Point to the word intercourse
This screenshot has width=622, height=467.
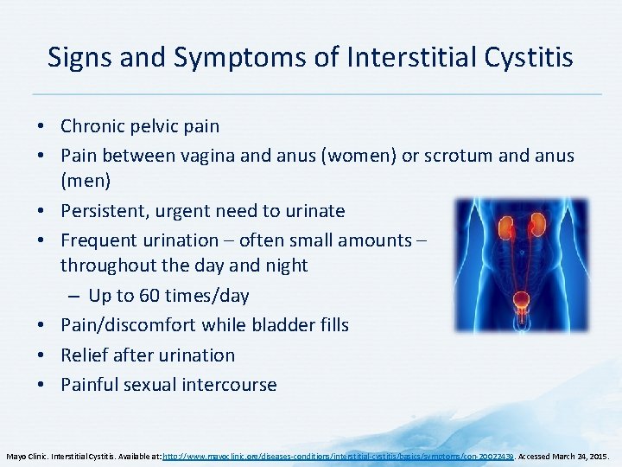tap(230, 385)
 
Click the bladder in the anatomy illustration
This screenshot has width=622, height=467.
tap(520, 303)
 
